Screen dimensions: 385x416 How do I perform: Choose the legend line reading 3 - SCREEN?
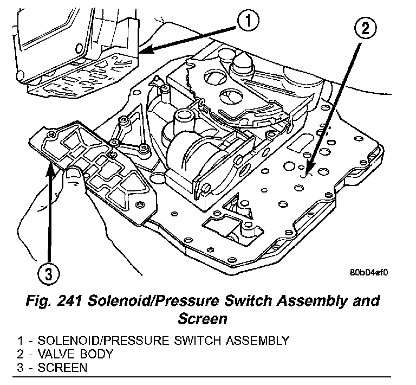coord(51,368)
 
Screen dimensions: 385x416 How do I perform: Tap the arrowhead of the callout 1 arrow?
coord(142,52)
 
